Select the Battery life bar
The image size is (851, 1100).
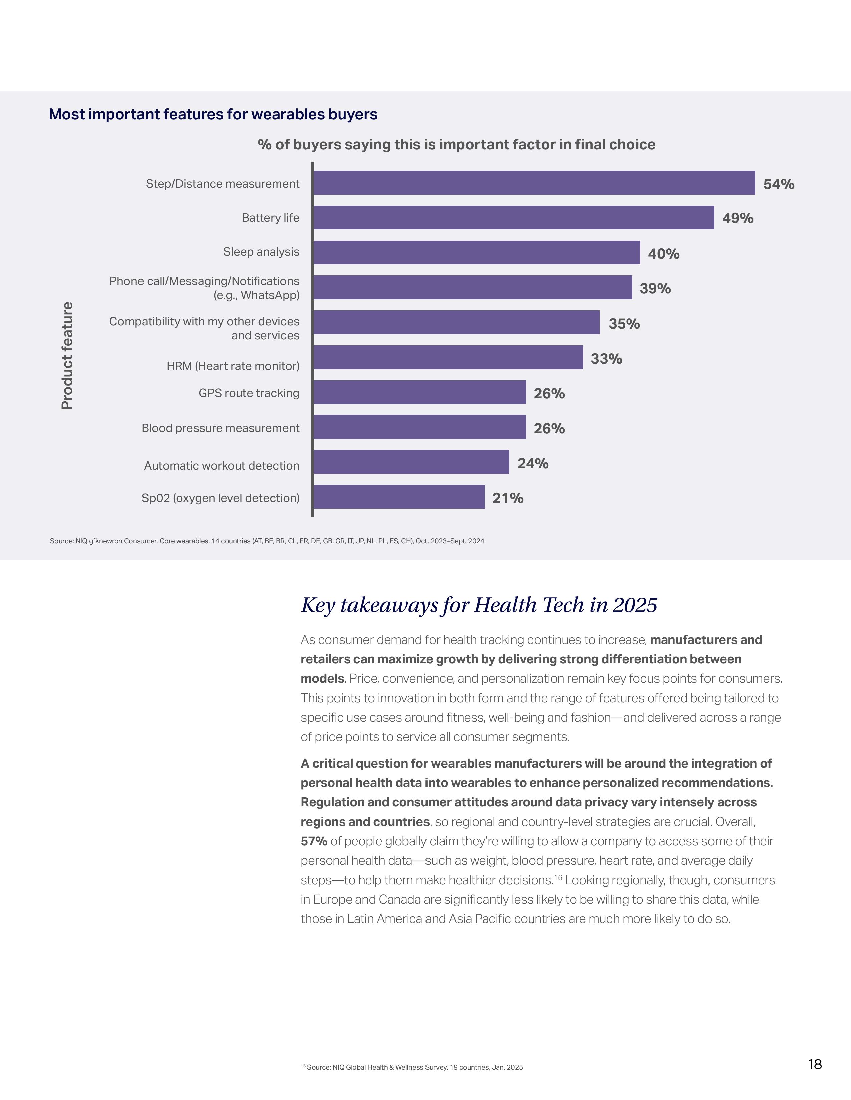click(x=514, y=218)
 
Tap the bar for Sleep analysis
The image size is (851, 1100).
click(x=477, y=252)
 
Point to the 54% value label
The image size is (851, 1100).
click(x=778, y=184)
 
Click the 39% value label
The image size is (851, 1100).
click(x=655, y=289)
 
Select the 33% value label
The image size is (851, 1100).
click(x=606, y=359)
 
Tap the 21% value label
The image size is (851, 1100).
click(x=508, y=498)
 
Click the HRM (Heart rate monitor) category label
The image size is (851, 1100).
click(x=233, y=366)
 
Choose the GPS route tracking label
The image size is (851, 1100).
click(x=249, y=393)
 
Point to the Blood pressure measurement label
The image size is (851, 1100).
click(x=220, y=428)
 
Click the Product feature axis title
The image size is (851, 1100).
click(x=67, y=356)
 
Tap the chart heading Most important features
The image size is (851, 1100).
click(x=213, y=114)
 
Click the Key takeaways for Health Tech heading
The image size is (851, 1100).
click(x=479, y=605)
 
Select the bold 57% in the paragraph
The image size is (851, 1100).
click(x=314, y=841)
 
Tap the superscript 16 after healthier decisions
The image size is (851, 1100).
click(x=558, y=877)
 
